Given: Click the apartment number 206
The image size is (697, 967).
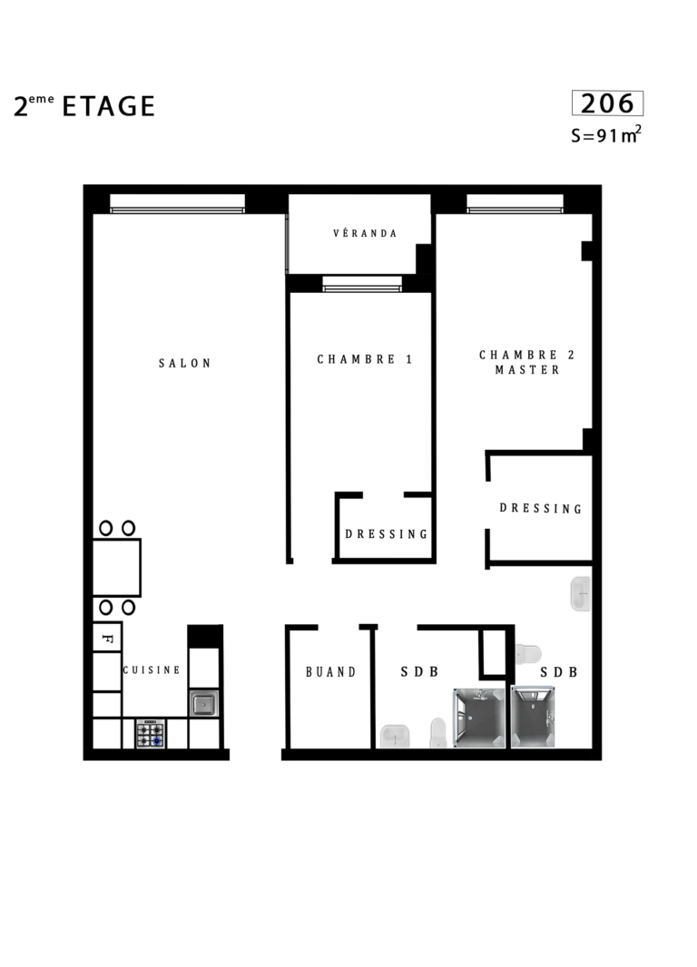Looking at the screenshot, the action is [x=607, y=103].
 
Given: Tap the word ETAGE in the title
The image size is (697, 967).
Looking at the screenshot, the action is [x=109, y=106].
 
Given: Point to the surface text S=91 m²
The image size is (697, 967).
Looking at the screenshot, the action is [x=606, y=134].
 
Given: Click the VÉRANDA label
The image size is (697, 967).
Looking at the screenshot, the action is [x=365, y=233].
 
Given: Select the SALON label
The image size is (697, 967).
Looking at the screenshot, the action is [x=185, y=363].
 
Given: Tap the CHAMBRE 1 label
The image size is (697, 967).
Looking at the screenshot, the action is [x=365, y=359].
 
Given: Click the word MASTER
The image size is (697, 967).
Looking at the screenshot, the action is [x=527, y=370].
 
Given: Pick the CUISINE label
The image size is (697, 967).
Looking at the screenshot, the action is [x=152, y=669].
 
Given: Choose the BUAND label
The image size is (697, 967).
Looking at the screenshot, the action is [x=331, y=671].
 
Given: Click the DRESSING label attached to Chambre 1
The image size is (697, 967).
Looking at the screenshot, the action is [x=386, y=534].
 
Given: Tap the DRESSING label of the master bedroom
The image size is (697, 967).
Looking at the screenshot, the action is [x=541, y=508].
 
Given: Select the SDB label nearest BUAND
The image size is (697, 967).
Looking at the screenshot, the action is [x=419, y=671].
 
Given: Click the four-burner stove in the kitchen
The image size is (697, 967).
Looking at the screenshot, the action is [x=151, y=734].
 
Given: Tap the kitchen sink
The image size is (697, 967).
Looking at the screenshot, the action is [x=203, y=703].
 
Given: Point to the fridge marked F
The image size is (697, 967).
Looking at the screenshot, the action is [x=107, y=638].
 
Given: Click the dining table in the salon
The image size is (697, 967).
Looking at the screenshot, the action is [x=117, y=567].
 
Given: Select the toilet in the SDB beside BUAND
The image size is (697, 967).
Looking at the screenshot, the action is [x=438, y=733].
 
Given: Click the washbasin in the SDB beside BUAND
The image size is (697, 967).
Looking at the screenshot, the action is [x=395, y=737].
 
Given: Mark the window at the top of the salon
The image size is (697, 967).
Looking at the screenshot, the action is [x=178, y=204].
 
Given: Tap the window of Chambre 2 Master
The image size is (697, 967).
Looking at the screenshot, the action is [x=515, y=204].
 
